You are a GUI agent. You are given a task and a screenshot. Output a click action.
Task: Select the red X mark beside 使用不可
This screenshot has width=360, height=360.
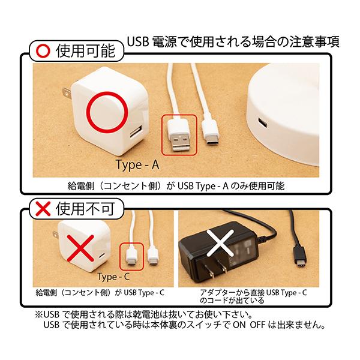43,208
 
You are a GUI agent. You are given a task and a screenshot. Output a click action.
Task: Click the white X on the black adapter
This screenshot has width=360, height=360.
220,243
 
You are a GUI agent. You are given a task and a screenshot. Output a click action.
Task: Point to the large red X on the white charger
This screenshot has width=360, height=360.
80,248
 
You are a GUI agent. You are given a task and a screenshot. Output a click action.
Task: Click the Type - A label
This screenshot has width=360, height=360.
137,164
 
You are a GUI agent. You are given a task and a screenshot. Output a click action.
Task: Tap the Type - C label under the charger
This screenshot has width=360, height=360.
113,277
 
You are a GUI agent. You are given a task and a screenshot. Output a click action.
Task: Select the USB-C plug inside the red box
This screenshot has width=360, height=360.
131,257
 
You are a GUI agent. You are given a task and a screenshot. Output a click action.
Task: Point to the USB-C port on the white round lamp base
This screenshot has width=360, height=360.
262,123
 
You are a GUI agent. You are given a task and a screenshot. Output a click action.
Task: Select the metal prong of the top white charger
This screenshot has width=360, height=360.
67,93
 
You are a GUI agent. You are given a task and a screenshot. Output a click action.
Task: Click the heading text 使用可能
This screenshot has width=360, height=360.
85,51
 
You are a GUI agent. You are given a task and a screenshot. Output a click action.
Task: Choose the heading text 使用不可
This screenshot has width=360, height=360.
85,208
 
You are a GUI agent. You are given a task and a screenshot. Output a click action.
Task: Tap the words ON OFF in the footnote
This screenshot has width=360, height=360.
249,325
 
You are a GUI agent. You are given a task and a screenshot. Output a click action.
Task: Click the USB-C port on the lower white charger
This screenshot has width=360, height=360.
102,256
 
